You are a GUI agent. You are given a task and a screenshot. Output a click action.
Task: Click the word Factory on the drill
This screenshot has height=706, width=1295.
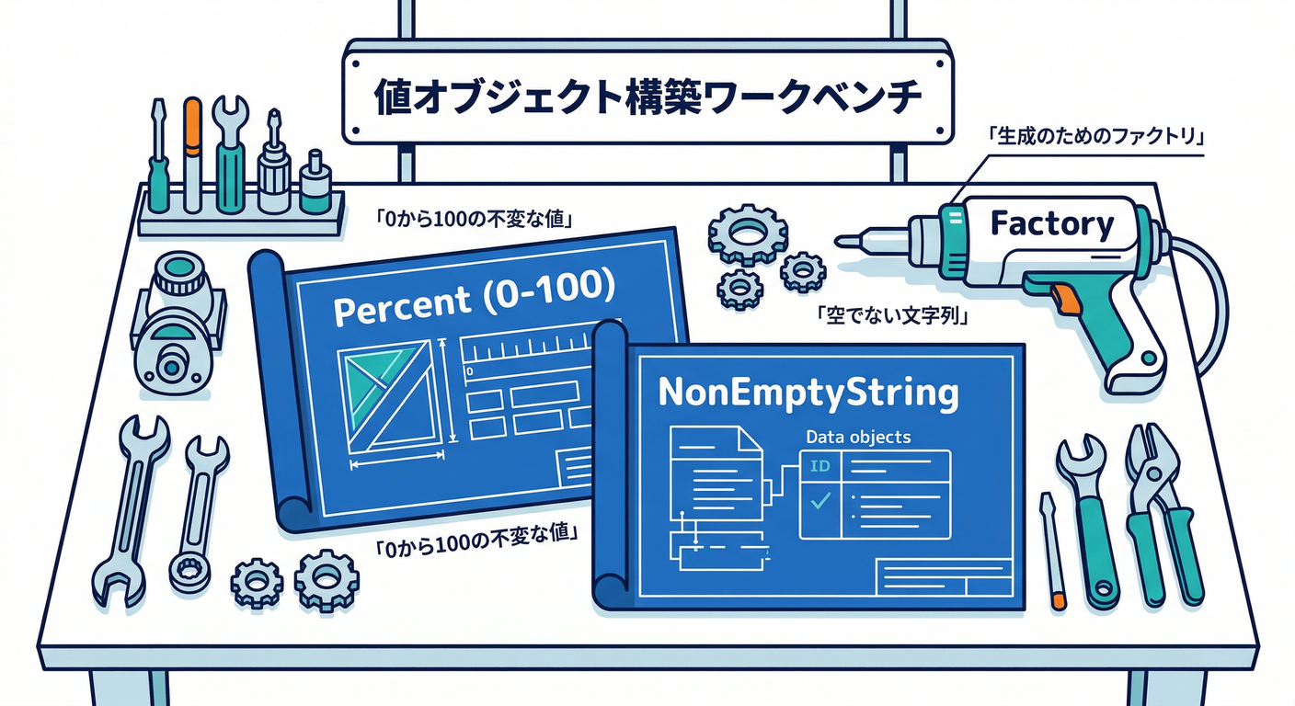1051,223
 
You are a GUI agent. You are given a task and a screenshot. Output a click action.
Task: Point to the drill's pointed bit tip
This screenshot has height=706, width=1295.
838,241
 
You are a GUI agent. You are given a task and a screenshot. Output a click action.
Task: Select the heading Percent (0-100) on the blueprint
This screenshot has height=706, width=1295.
474,298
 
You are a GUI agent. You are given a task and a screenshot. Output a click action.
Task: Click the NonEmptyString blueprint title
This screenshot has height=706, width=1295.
808,393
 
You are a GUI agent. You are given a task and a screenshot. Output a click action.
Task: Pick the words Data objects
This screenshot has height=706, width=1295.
858,437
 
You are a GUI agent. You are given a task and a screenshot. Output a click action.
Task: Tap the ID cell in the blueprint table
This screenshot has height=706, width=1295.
819,466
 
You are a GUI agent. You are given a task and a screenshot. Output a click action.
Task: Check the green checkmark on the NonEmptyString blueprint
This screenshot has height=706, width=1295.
820,500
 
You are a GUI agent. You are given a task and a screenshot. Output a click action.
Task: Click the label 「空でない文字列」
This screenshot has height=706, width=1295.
891,315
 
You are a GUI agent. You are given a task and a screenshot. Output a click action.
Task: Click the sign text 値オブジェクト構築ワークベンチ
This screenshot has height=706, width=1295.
647,97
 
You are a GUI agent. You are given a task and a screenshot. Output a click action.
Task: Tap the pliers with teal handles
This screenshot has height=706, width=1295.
1161,513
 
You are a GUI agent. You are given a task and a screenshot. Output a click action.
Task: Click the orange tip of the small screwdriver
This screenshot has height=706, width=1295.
1059,601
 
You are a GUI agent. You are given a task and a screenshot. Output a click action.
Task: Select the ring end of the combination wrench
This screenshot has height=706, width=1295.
189,569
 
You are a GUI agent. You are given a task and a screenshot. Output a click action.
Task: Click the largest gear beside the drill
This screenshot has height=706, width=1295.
749,233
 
